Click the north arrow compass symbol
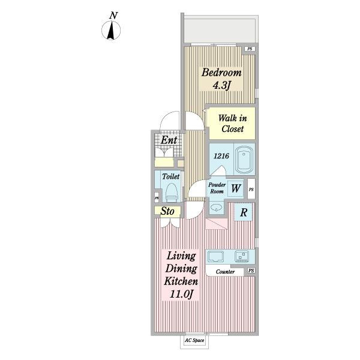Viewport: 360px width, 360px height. tap(111, 31)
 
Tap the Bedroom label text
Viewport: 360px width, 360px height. tap(221, 73)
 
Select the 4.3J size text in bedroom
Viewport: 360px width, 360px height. tap(221, 86)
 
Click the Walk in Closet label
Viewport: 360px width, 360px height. tap(232, 124)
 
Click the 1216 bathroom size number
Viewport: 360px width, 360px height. tap(221, 156)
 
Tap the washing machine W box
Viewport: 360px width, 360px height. tap(236, 188)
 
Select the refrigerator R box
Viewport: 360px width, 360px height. tap(244, 212)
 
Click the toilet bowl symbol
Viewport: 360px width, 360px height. tap(172, 193)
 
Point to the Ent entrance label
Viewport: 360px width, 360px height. tap(169, 140)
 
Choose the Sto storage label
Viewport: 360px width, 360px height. tap(167, 211)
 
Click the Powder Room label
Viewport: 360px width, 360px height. tap(217, 188)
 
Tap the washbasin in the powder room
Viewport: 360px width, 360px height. tap(216, 208)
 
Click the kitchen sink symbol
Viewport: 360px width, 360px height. tap(215, 256)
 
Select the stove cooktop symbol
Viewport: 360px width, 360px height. tap(242, 256)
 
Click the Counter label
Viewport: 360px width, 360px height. tap(225, 272)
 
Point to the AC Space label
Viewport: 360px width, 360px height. tap(194, 340)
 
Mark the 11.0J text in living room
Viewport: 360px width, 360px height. tap(181, 294)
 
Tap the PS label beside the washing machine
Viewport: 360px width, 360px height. tap(251, 190)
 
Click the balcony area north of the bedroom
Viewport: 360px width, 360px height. tap(220, 30)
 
